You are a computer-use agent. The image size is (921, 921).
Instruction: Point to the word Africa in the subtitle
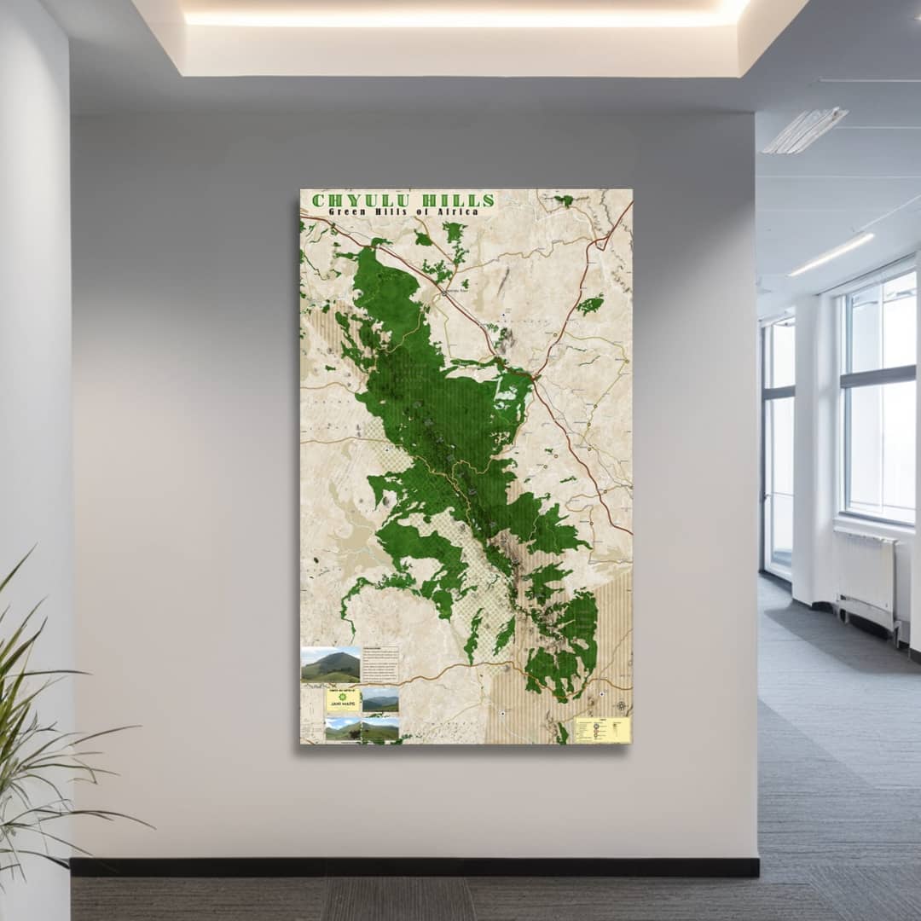click(457, 211)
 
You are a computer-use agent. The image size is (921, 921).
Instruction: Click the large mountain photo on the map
click(331, 665)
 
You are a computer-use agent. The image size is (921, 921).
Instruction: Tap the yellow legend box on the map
click(602, 730)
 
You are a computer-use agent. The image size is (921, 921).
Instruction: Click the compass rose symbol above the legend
click(621, 706)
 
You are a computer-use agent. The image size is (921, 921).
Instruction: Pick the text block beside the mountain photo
click(380, 664)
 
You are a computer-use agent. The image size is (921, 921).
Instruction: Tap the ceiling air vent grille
click(805, 130)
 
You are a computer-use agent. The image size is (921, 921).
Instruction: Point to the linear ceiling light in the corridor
click(831, 254)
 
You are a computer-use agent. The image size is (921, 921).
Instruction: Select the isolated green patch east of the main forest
click(589, 304)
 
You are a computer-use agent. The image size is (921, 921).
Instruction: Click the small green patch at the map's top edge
click(564, 200)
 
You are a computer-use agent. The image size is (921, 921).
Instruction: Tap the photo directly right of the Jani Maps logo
click(380, 700)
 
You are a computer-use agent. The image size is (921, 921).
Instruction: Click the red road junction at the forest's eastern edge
click(535, 376)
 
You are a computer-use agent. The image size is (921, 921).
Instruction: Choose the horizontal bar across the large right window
click(878, 378)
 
